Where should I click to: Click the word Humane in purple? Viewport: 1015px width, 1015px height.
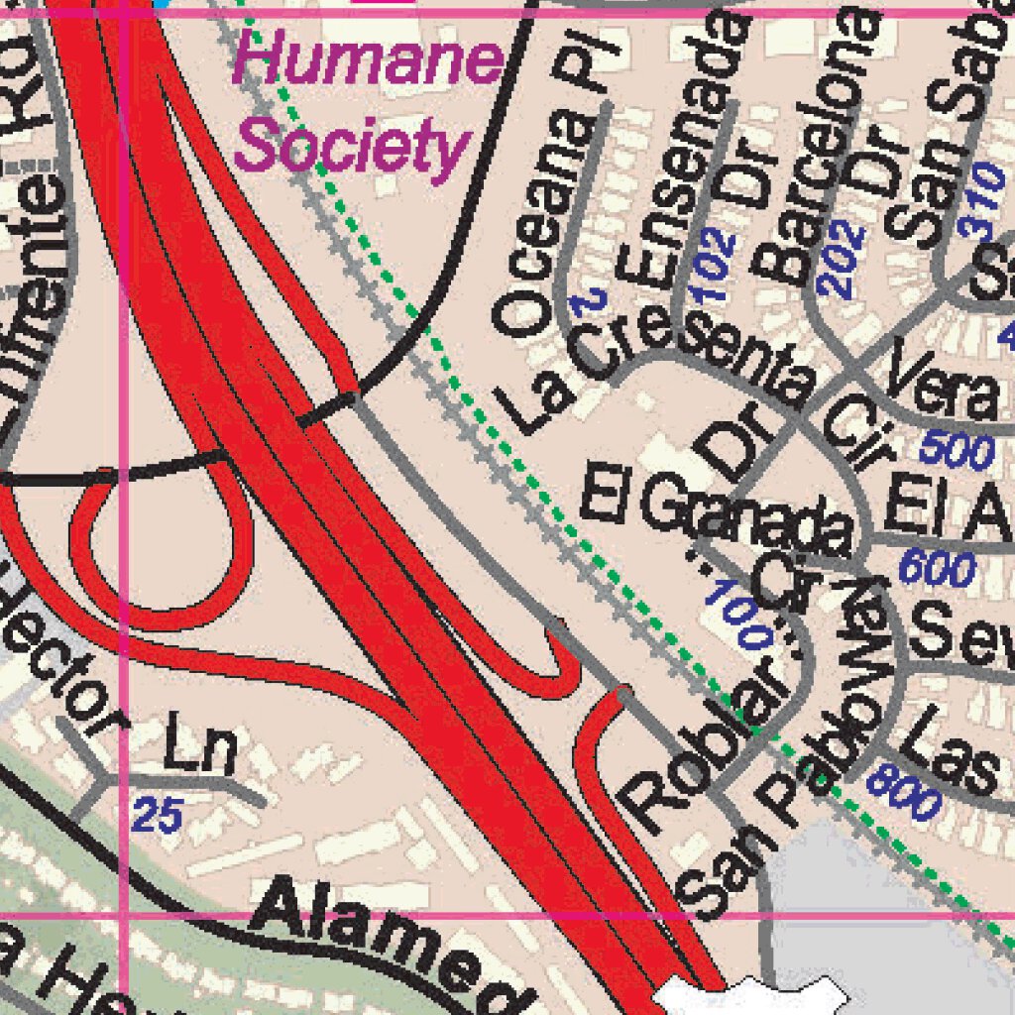coord(368,61)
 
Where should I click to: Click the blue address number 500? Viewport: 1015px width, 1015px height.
coord(956,451)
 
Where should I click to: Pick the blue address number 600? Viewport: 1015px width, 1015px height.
coord(937,569)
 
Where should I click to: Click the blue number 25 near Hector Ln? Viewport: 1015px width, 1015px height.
coord(158,817)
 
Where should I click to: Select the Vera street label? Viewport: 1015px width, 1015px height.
coord(943,387)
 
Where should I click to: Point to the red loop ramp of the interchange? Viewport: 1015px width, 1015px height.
coord(159,555)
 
